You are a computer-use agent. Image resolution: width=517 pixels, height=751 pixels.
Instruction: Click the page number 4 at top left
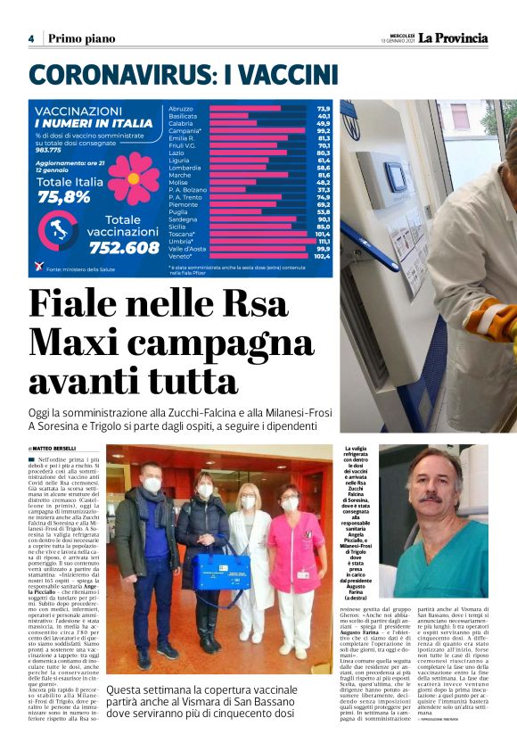pos(31,38)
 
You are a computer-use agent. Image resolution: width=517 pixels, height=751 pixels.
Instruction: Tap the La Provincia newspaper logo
pos(454,37)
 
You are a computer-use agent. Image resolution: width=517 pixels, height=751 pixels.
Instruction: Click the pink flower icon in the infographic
pos(134,175)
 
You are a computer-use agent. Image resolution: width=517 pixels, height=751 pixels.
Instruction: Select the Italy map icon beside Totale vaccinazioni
pos(62,232)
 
